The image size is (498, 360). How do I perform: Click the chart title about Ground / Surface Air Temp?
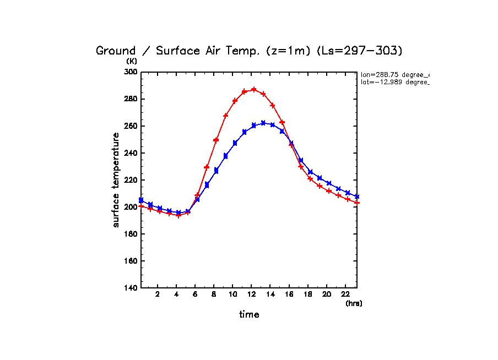[x=250, y=51]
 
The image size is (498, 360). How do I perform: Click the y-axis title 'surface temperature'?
[x=116, y=179]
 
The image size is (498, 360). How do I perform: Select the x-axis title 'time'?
[x=249, y=314]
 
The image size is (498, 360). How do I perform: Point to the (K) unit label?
[x=132, y=61]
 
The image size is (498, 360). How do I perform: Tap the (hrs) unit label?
[x=354, y=303]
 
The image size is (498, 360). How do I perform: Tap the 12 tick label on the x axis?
[x=251, y=294]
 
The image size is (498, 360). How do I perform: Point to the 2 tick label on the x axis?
[x=158, y=294]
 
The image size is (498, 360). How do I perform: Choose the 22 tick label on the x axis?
[x=345, y=294]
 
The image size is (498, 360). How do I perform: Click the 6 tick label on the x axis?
[x=195, y=294]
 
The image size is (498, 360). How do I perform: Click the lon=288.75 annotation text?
[x=394, y=74]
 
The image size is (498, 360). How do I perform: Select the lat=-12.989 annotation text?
[x=394, y=82]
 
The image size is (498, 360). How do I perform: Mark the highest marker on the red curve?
[x=254, y=89]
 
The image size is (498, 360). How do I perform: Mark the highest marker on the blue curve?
[x=263, y=123]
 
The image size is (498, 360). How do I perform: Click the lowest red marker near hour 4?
[x=178, y=215]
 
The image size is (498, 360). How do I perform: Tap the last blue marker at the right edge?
[x=357, y=197]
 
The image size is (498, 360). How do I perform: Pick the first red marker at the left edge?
[x=142, y=206]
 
